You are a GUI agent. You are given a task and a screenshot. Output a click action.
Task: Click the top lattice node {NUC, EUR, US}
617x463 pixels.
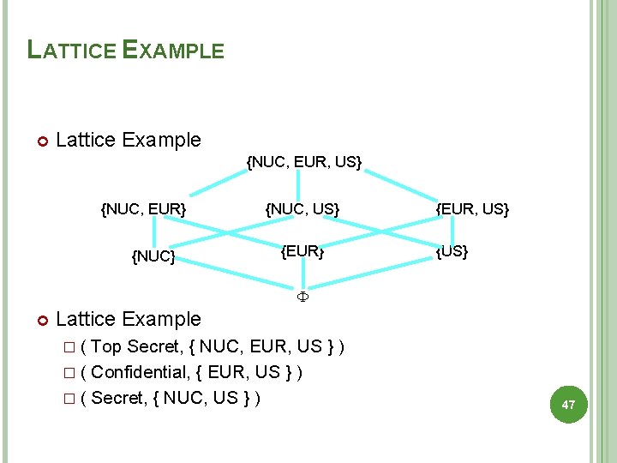pyautogui.click(x=304, y=161)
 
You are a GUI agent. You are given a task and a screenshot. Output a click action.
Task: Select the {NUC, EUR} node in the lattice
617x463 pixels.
pyautogui.click(x=143, y=208)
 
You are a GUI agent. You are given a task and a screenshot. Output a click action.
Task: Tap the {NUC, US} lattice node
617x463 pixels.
pyautogui.click(x=303, y=208)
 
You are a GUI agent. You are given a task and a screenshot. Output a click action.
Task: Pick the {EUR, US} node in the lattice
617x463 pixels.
pyautogui.click(x=472, y=208)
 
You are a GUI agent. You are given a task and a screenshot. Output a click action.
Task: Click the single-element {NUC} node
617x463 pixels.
pyautogui.click(x=153, y=256)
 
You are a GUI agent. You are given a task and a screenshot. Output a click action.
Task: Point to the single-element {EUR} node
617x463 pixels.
pyautogui.click(x=303, y=251)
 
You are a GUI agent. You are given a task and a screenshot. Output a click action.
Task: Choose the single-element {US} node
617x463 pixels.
pyautogui.click(x=452, y=252)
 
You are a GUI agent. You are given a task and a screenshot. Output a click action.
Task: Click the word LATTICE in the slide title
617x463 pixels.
pyautogui.click(x=72, y=50)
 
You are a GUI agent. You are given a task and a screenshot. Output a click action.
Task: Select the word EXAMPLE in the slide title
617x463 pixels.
pyautogui.click(x=173, y=50)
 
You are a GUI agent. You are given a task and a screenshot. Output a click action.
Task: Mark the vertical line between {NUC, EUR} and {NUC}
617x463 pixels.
pyautogui.click(x=154, y=231)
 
